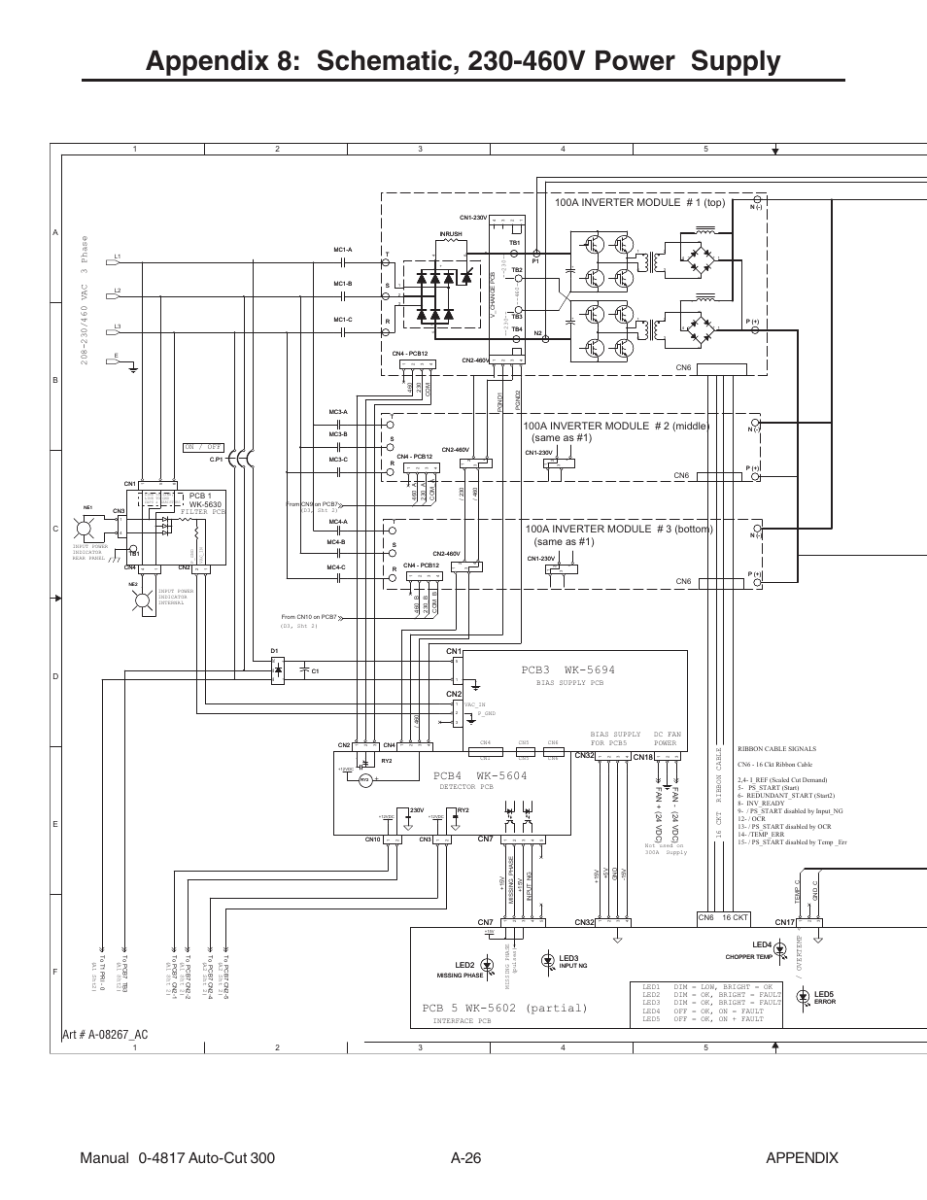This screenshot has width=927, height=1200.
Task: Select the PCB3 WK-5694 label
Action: (x=568, y=670)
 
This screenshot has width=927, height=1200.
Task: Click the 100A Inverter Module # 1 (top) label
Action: (x=639, y=203)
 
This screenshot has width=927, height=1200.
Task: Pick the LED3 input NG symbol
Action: (x=552, y=958)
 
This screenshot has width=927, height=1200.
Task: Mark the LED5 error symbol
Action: (x=803, y=995)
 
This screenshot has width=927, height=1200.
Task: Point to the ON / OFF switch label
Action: (x=203, y=447)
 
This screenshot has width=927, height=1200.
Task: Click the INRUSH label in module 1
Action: (x=450, y=234)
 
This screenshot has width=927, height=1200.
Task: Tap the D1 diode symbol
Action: (x=279, y=669)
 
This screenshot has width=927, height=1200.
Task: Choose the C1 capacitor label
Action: (x=315, y=671)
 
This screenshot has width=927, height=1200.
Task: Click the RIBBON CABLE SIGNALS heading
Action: (x=776, y=749)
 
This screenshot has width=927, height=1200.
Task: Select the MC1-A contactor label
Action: (x=342, y=250)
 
